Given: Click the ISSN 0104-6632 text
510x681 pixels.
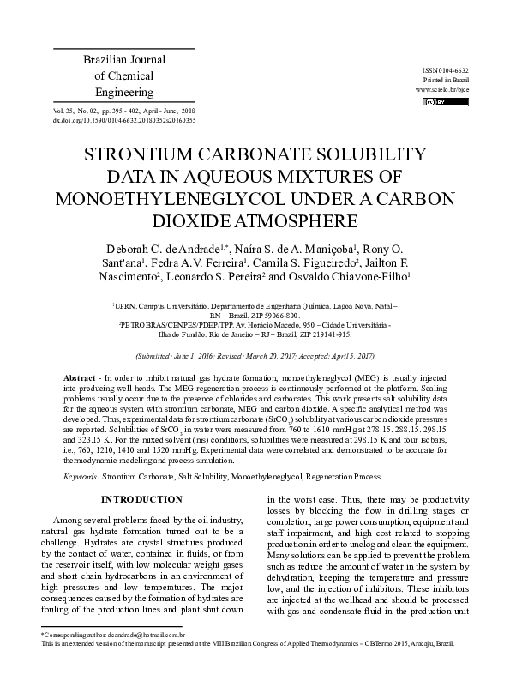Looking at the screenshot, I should tap(446, 69).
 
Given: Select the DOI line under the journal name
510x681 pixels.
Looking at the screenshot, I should tap(124, 121).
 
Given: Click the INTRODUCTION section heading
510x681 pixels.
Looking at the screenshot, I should tap(142, 498).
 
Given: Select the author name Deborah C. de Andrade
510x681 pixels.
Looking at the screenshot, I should tap(143, 246).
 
